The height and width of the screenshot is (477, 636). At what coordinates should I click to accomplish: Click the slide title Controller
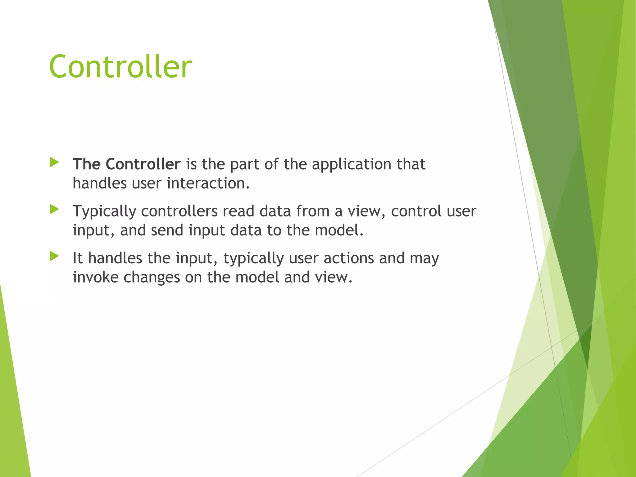tap(120, 67)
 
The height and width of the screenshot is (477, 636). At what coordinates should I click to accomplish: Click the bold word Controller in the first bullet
tap(143, 164)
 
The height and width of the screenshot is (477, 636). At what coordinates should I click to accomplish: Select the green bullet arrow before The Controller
tap(54, 162)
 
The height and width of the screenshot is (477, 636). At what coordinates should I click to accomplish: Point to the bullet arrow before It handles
tap(54, 257)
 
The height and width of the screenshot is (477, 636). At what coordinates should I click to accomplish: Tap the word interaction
tap(208, 183)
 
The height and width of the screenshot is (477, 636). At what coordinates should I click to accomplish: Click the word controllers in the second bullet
tap(179, 211)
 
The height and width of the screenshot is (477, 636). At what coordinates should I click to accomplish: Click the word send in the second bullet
tap(167, 230)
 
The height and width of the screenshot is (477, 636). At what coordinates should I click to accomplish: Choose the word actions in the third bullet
tap(348, 258)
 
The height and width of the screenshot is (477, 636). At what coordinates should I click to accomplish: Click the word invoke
tap(95, 277)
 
